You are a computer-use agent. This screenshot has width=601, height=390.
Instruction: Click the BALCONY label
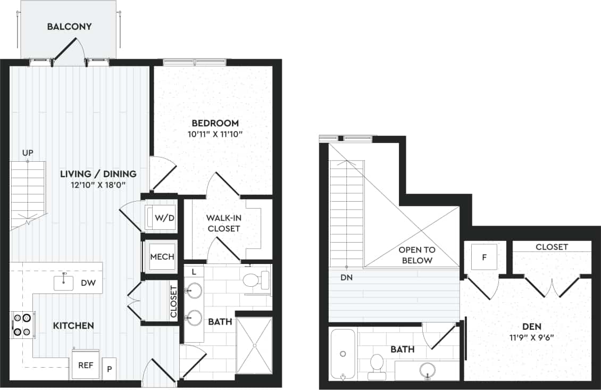click(69, 26)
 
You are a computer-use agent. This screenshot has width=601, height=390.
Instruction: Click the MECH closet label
click(162, 256)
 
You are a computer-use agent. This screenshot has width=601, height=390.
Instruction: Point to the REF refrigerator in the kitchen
click(86, 365)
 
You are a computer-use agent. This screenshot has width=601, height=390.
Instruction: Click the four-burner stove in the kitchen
click(22, 324)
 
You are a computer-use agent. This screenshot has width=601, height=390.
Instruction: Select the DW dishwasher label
click(88, 283)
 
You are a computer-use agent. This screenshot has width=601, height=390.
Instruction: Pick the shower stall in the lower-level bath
click(254, 345)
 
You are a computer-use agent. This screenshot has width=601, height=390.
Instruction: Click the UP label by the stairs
click(28, 153)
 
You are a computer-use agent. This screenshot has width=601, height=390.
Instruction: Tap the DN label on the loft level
click(346, 277)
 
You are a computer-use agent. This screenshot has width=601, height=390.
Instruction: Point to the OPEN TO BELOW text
click(418, 255)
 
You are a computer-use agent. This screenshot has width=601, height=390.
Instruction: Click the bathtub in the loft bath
click(343, 354)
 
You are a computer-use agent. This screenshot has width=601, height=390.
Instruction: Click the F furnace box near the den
click(484, 257)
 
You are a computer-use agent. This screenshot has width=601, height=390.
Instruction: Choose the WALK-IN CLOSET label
click(224, 223)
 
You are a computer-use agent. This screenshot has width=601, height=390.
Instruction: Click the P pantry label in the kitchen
click(110, 368)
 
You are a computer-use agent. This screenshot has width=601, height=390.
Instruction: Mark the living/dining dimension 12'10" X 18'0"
click(98, 185)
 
